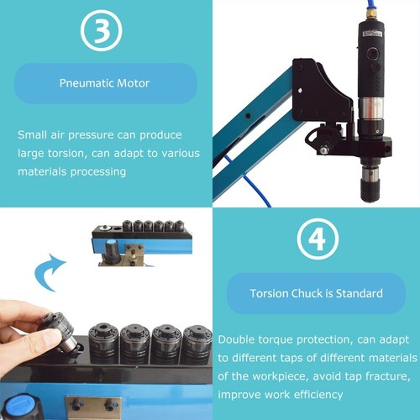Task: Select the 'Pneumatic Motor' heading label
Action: [105, 84]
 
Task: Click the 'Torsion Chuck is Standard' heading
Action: [316, 293]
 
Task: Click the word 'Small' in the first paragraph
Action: [32, 134]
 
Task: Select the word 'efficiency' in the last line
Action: [318, 394]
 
